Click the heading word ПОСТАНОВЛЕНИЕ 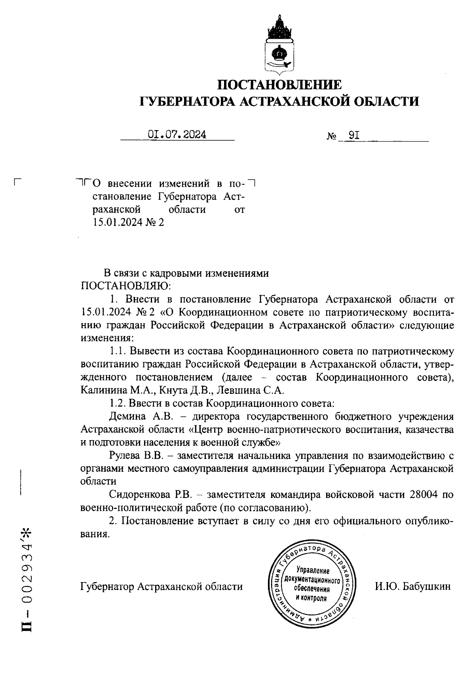(279, 84)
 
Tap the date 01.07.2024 (177, 134)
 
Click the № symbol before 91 (332, 137)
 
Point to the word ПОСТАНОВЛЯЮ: (126, 286)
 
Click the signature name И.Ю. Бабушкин (413, 586)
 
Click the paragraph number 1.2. (117, 403)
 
